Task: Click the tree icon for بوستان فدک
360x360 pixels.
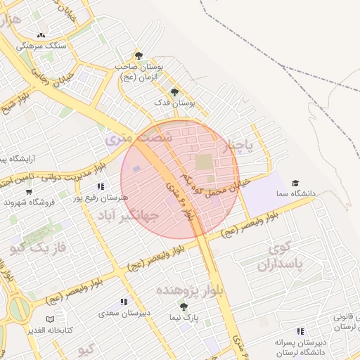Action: (174, 91)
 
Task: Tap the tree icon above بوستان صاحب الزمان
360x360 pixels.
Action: (138, 55)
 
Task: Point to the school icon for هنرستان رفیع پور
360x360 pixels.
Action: (101, 187)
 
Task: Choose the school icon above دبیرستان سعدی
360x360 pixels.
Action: (124, 302)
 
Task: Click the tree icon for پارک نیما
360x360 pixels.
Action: (184, 307)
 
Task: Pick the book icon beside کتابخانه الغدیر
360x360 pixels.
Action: (50, 319)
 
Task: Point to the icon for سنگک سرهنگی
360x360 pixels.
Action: (41, 35)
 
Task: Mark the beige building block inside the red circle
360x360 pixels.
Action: (203, 162)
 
